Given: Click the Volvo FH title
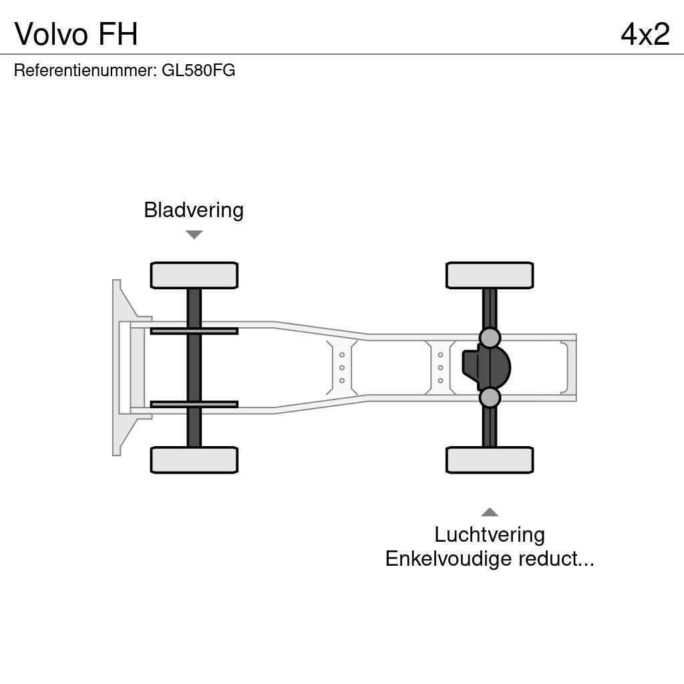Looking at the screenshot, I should pos(76,34).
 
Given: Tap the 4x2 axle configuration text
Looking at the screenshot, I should pos(645,34).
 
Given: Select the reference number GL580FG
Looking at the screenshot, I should pos(198,71).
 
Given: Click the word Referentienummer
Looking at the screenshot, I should pos(84,71).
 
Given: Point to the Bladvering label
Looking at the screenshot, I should pos(194,210).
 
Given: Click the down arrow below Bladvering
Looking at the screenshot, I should pos(194,234).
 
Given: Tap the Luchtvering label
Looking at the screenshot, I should pos(490,534).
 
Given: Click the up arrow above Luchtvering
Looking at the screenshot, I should pos(490,512).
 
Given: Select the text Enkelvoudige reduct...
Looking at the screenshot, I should pos(490,558).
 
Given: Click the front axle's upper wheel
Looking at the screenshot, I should pos(194,275).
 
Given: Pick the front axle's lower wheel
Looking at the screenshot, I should pos(194,460).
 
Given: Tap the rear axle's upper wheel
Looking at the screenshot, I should pos(490,275).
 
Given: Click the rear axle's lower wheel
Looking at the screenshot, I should pos(490,460).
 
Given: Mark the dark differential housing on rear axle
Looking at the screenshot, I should pos(486,367).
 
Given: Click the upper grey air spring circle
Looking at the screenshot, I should pos(490,338).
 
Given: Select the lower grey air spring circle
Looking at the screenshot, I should pos(490,397).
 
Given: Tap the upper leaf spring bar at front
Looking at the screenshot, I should pos(194,331).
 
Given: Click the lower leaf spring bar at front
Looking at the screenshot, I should pos(194,404).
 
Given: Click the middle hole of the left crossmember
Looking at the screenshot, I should pos(342,367).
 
